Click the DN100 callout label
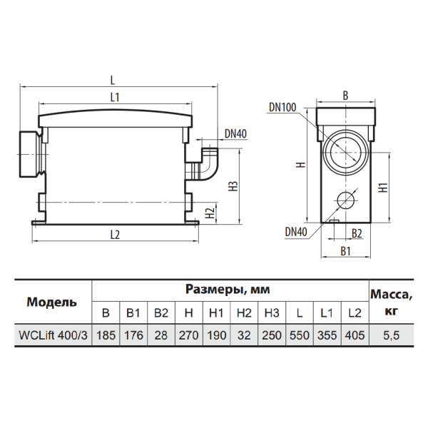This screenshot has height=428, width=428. tap(282, 107)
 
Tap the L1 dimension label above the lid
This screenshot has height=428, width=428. tap(115, 98)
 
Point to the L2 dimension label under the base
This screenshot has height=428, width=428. tap(115, 235)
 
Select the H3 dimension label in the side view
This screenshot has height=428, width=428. tap(234, 186)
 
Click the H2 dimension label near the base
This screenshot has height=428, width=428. tap(210, 213)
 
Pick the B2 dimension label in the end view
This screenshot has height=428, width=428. tap(357, 234)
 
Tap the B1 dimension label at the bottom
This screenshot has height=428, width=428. tap(345, 251)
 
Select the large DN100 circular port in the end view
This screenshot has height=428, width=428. tap(346, 153)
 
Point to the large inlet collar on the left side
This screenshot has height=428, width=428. tap(29, 154)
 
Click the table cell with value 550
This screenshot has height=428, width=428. tap(300, 335)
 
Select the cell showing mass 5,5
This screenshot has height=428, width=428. tap(391, 335)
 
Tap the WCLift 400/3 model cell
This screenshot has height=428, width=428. tap(53, 335)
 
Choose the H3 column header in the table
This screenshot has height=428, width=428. tap(272, 313)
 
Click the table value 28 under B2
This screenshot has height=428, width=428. tap(160, 335)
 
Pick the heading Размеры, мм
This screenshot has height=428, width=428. tap(228, 290)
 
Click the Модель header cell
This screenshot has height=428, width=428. tap(52, 302)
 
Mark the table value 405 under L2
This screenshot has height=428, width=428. tap(355, 335)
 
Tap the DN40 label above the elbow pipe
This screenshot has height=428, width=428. tap(235, 134)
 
